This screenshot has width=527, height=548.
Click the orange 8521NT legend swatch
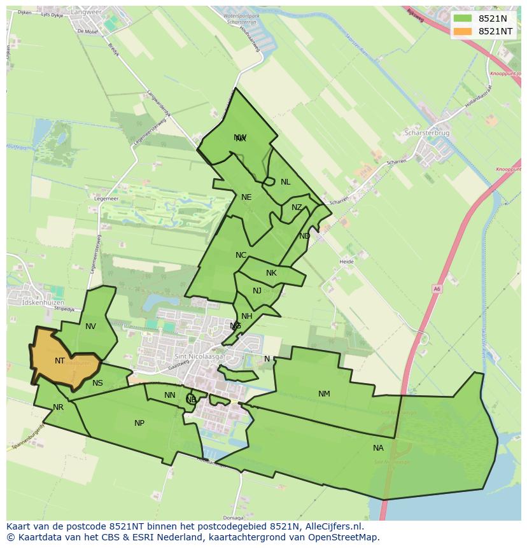click(x=463, y=31)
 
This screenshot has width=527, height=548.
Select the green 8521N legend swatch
click(x=463, y=18)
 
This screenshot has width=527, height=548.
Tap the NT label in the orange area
click(x=60, y=361)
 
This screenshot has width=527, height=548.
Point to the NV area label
click(x=90, y=327)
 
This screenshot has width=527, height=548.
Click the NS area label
click(x=97, y=383)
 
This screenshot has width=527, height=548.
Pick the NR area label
click(x=59, y=407)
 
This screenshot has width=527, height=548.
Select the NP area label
click(x=139, y=423)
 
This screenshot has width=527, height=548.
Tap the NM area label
click(x=324, y=394)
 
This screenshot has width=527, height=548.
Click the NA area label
click(x=378, y=448)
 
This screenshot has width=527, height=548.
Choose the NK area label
click(x=271, y=273)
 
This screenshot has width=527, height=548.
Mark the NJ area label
click(x=257, y=291)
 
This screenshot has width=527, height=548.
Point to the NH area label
click(x=247, y=316)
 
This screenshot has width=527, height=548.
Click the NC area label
click(x=241, y=255)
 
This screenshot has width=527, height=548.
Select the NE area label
click(x=246, y=197)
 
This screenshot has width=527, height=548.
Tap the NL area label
click(x=285, y=182)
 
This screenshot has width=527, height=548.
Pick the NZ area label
click(x=297, y=207)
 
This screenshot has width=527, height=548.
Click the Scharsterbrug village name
click(x=426, y=134)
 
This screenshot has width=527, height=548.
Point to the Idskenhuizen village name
click(x=43, y=302)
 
